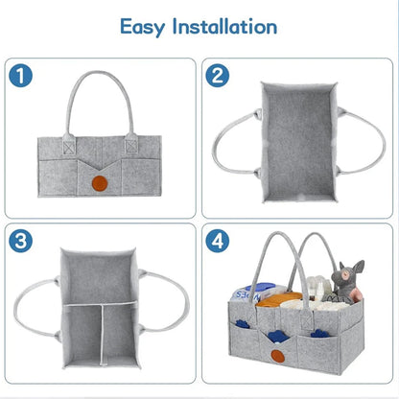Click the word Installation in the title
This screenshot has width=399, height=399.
click(x=228, y=26)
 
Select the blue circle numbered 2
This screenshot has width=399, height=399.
click(x=219, y=75)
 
